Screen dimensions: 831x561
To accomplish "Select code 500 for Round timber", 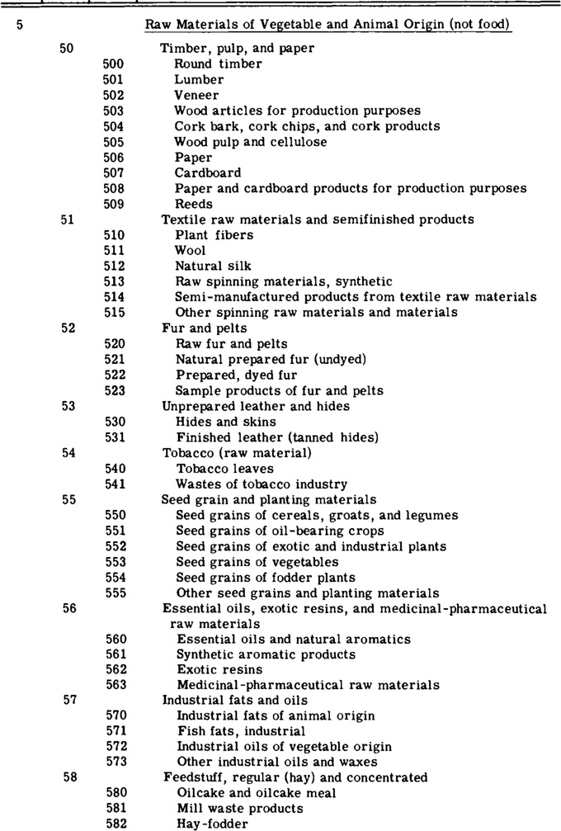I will pos(114,63).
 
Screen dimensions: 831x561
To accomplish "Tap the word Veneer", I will pos(195,95).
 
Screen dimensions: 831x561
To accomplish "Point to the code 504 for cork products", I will pos(114,126).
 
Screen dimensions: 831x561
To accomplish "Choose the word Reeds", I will pos(193,204).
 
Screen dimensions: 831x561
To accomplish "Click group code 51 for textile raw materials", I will pos(68,220).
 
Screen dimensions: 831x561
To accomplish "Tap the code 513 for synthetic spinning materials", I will pos(114,281).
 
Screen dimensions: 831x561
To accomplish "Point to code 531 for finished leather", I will pos(115,437).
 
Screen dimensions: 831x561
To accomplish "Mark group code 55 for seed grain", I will pos(68,499).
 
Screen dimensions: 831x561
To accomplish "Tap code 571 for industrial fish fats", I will pos(115,731).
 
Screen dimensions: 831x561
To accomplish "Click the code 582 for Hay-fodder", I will pos(115,824).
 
